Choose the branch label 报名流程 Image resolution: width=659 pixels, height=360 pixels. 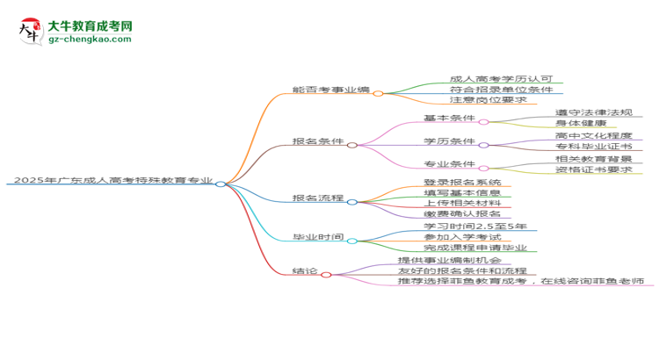pyautogui.click(x=318, y=198)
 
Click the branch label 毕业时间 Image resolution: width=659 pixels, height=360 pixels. pyautogui.click(x=318, y=238)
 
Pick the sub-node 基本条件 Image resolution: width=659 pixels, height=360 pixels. pyautogui.click(x=449, y=118)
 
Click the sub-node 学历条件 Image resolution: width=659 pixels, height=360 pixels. pyautogui.click(x=449, y=141)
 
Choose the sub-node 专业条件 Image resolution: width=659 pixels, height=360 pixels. pyautogui.click(x=449, y=164)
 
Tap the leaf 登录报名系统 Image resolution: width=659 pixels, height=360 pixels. pyautogui.click(x=461, y=182)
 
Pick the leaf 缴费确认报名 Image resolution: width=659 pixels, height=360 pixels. pyautogui.click(x=461, y=214)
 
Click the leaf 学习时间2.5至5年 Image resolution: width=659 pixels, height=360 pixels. pyautogui.click(x=474, y=226)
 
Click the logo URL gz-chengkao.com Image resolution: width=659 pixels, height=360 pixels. pyautogui.click(x=91, y=40)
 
